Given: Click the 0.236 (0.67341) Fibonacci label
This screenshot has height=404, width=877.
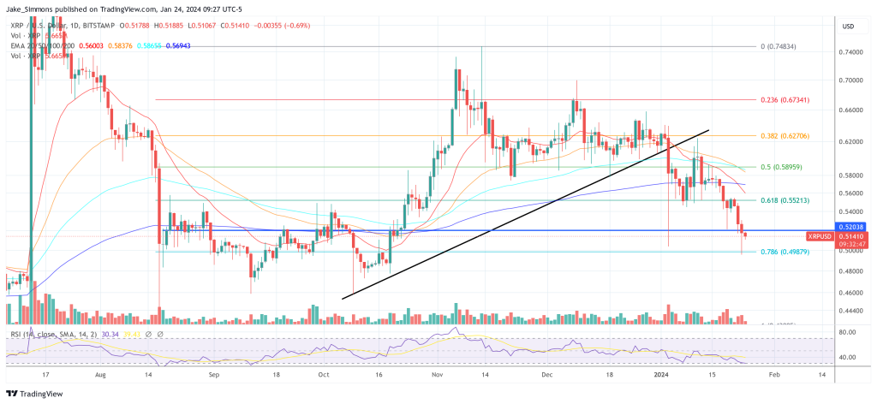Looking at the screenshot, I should pyautogui.click(x=785, y=99).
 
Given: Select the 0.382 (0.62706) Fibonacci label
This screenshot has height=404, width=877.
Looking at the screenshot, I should pyautogui.click(x=785, y=135).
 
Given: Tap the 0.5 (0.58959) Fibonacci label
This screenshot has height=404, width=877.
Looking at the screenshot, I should pyautogui.click(x=780, y=168).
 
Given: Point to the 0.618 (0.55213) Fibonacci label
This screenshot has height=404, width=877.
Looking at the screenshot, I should pyautogui.click(x=785, y=199).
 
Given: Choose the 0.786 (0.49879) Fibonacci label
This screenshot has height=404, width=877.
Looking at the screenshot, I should pyautogui.click(x=785, y=252).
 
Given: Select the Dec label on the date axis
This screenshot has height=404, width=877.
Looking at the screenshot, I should pyautogui.click(x=549, y=375).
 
